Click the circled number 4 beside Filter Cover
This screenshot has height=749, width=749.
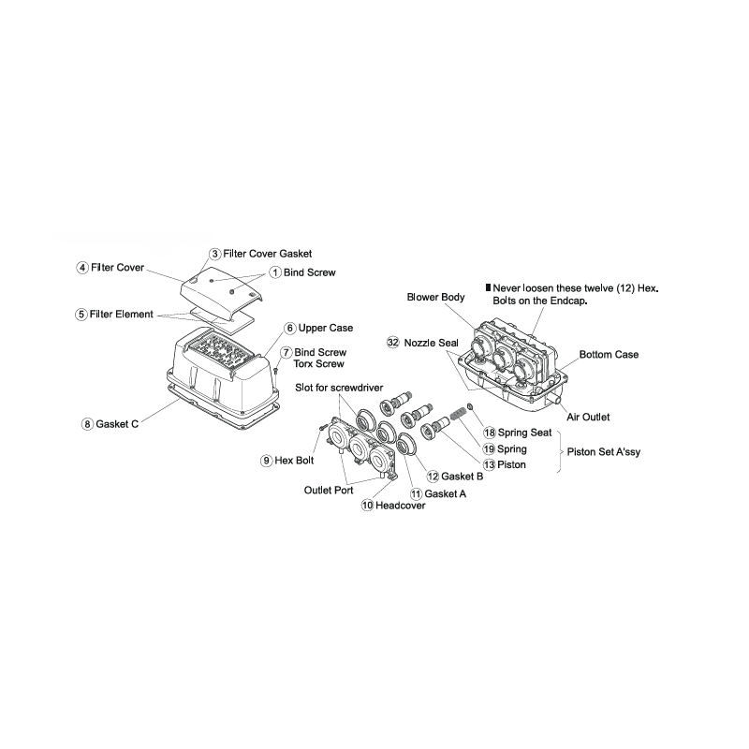82,268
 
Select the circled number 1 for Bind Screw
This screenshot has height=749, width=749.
275,272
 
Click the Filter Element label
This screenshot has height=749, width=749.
122,315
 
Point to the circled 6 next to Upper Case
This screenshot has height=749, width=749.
290,329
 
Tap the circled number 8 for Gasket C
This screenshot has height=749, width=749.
87,424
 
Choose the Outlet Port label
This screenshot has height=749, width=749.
328,490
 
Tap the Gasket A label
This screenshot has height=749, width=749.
446,492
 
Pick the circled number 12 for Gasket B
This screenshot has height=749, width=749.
433,477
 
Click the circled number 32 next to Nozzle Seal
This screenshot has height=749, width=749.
393,344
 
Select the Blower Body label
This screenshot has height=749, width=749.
435,297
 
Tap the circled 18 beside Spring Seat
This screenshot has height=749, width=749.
489,433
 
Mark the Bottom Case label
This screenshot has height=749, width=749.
609,355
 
